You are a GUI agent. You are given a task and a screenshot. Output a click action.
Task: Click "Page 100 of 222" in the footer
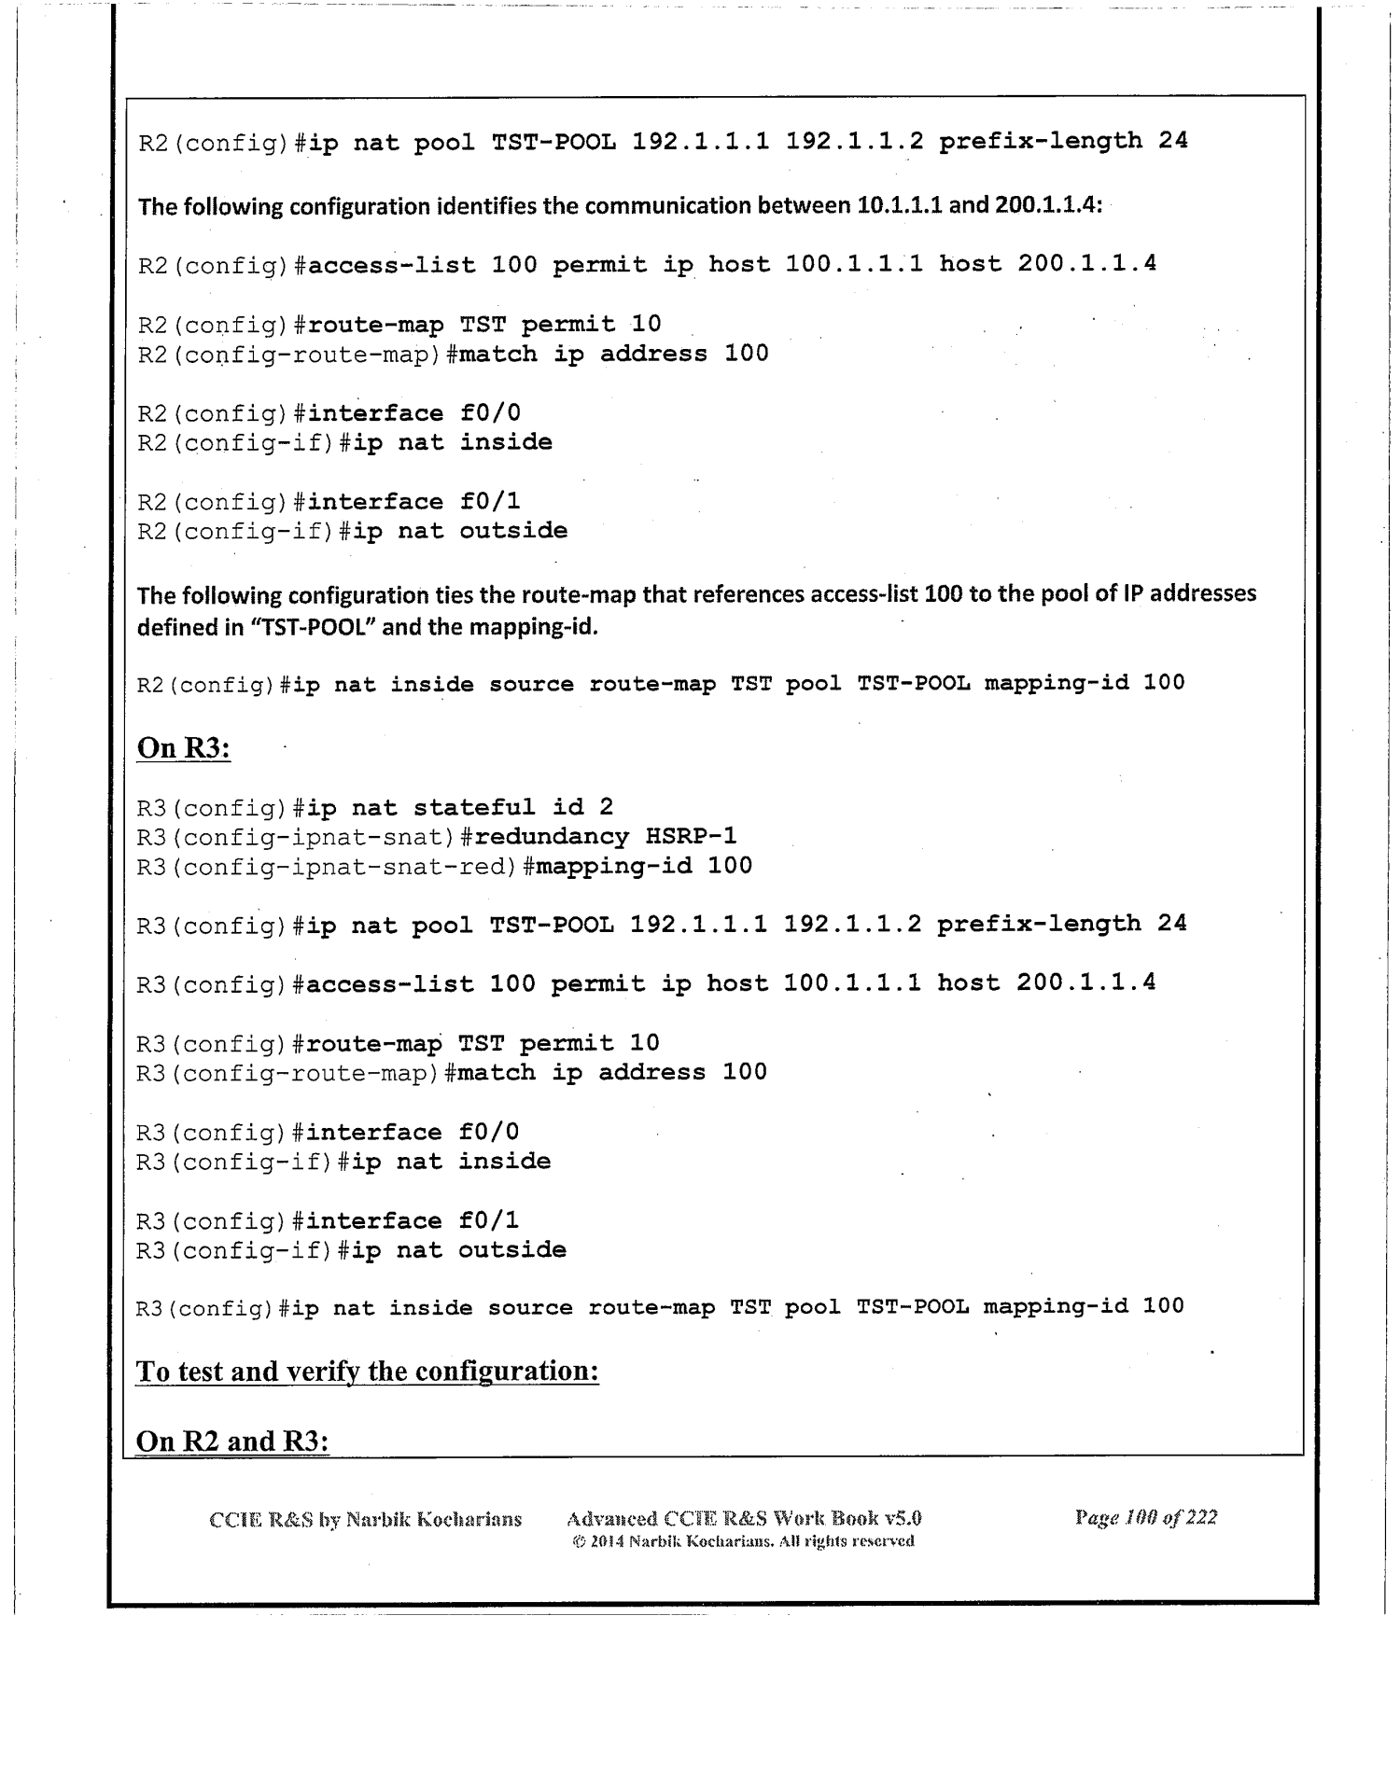[1145, 1517]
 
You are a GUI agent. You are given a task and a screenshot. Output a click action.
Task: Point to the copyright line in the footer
[743, 1540]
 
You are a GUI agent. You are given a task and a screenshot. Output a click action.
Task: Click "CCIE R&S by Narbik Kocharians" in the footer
[365, 1519]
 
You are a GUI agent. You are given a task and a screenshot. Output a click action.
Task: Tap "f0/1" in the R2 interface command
[490, 502]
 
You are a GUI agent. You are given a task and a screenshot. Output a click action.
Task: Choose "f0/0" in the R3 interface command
[488, 1132]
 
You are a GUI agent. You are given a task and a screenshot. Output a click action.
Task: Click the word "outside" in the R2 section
[513, 531]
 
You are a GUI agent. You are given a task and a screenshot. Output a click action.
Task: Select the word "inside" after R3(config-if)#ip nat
[504, 1162]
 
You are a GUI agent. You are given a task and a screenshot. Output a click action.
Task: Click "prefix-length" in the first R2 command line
[1040, 141]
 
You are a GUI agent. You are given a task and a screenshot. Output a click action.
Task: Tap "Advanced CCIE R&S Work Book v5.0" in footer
[744, 1518]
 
